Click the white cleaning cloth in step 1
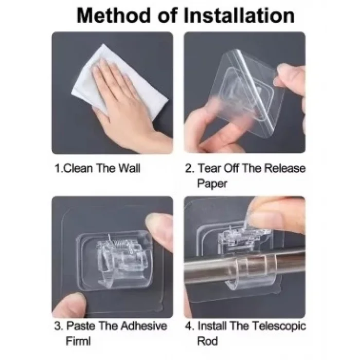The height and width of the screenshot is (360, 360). tap(119, 82)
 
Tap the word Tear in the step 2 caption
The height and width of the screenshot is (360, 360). tap(209, 168)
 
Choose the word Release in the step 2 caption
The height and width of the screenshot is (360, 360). tap(284, 168)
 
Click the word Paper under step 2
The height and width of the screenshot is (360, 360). tap(212, 184)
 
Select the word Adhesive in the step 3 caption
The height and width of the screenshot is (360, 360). tap(143, 326)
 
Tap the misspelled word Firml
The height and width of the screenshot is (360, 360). tap(78, 341)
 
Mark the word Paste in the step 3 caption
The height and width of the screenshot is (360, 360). tap(81, 326)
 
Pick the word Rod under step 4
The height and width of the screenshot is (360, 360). tap(208, 341)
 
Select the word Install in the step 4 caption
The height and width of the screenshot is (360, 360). tap(212, 326)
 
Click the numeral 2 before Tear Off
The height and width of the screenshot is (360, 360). tap(189, 168)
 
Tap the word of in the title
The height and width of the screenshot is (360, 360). tap(168, 15)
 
